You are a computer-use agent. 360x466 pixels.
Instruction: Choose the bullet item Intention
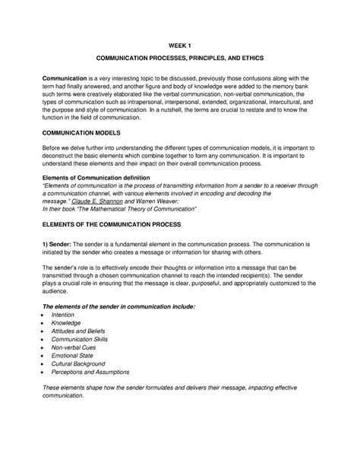click(x=63, y=314)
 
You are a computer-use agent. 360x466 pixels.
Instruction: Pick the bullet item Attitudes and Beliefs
click(x=79, y=332)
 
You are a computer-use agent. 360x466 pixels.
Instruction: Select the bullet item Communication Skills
click(x=81, y=342)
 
